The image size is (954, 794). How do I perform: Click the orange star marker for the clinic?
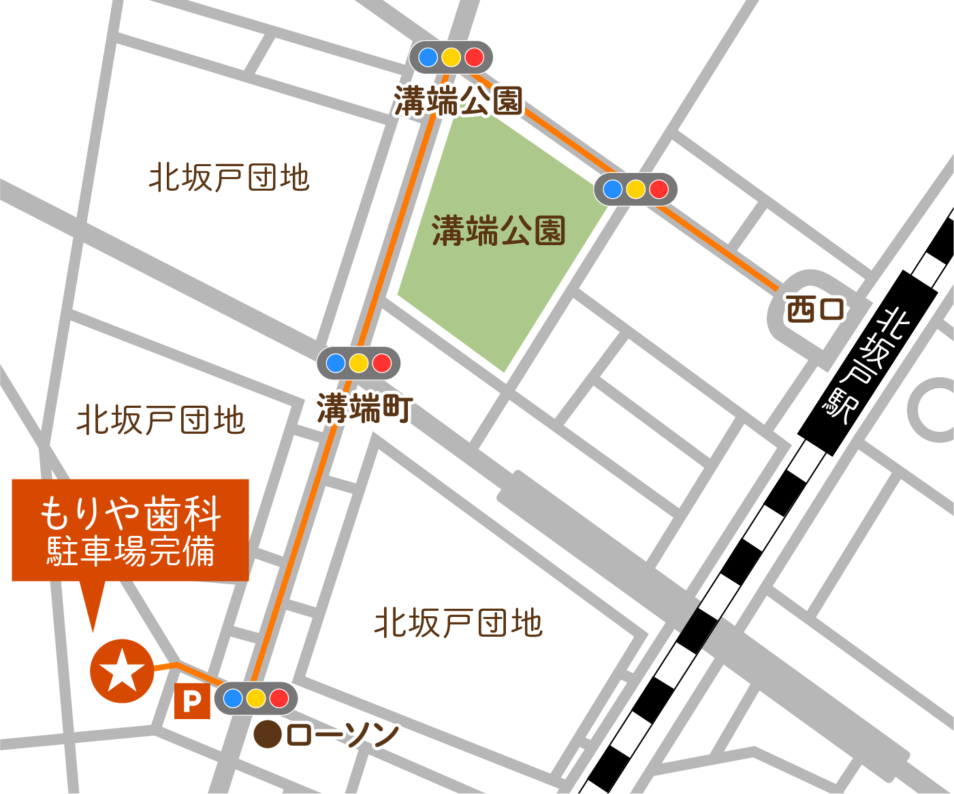pos(123,671)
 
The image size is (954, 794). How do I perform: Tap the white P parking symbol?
pos(192,701)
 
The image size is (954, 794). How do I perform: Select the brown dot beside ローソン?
pos(268,735)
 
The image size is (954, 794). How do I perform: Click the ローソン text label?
pos(343,735)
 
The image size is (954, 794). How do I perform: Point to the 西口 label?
pos(815,309)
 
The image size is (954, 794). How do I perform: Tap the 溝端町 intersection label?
pos(364,409)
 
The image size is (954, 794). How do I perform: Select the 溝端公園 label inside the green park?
pos(498,231)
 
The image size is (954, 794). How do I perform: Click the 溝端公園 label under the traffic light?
pos(458,101)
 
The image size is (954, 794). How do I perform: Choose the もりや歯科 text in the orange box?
pos(131,513)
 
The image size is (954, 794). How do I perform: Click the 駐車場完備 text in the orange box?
pos(131,551)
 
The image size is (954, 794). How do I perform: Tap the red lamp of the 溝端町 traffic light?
pos(382,363)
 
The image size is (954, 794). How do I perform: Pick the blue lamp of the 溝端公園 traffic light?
pos(428,57)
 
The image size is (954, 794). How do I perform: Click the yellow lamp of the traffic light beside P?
pos(256,698)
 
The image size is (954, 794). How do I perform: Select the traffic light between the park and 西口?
pos(635,189)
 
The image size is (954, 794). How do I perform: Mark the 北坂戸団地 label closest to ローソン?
pos(458,623)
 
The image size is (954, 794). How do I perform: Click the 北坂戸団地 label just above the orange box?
pos(161,420)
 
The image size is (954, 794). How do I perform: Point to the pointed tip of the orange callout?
pos(93,629)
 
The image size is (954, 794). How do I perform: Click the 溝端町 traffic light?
pos(359,363)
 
